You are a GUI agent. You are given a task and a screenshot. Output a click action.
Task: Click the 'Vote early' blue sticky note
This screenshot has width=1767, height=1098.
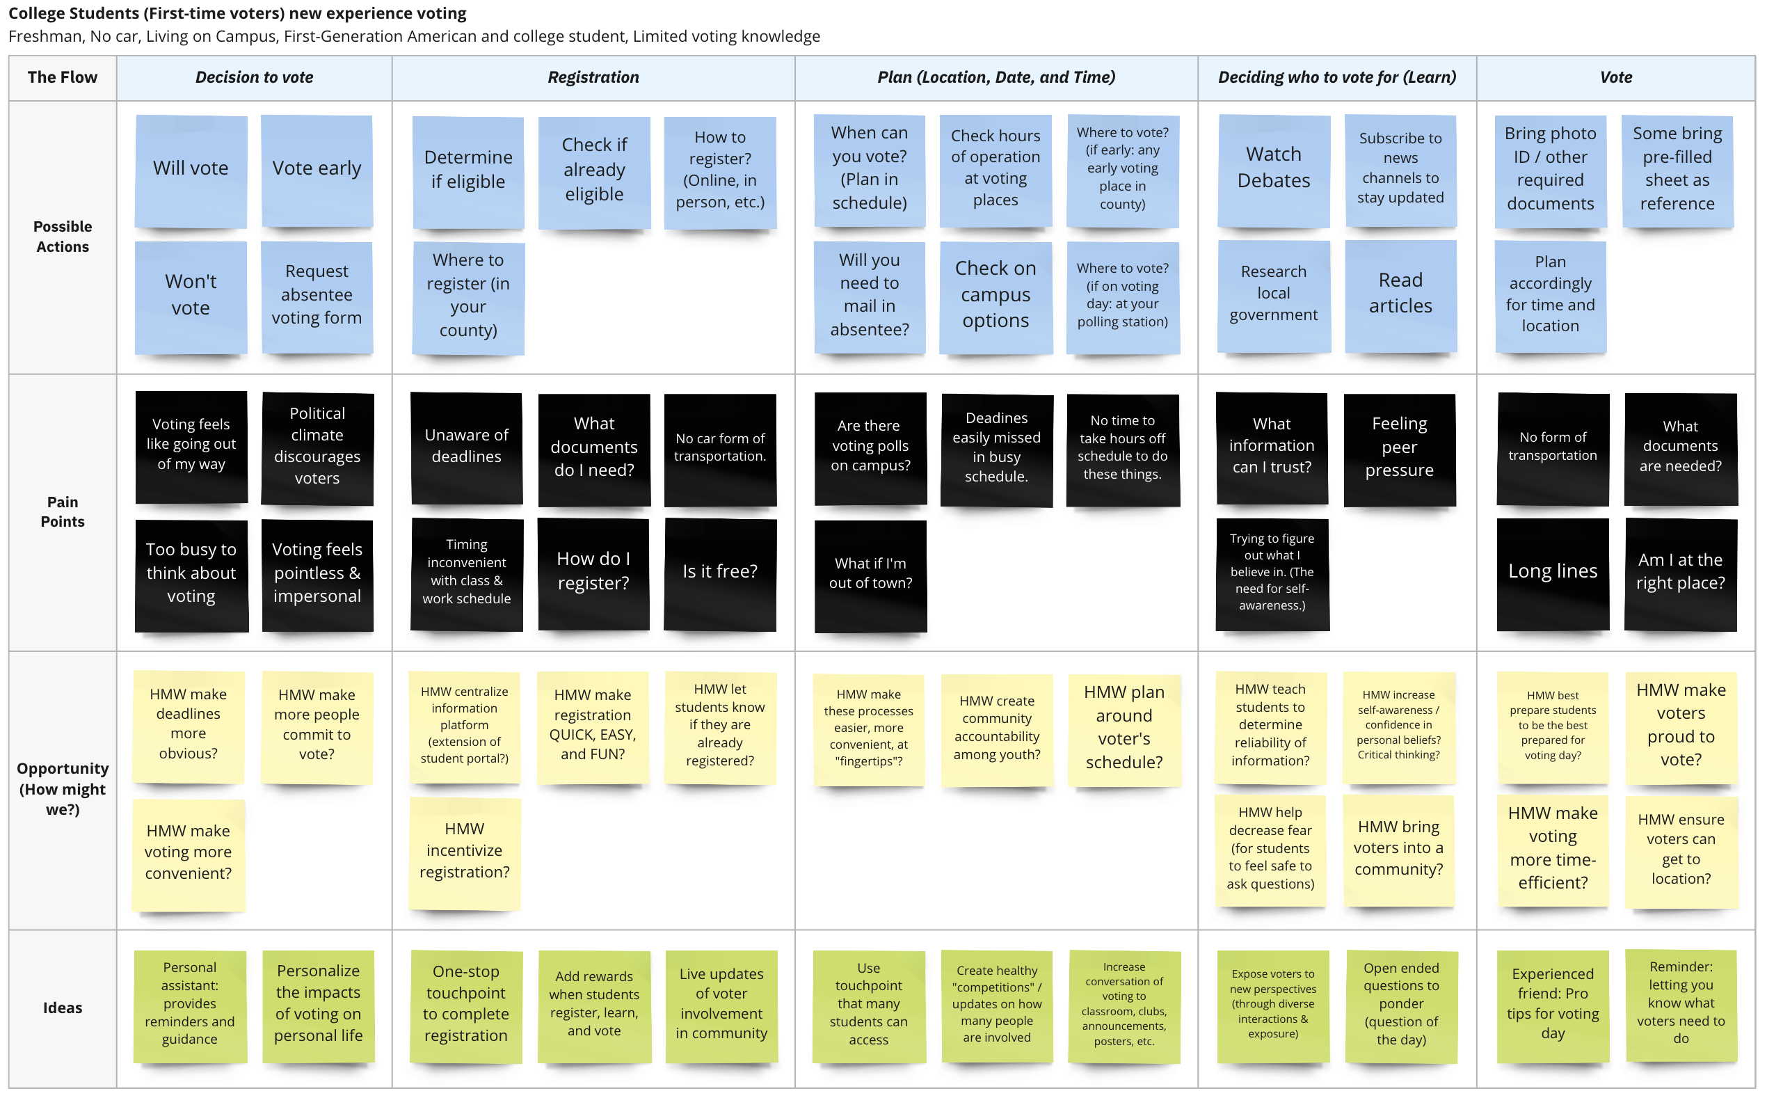[317, 170]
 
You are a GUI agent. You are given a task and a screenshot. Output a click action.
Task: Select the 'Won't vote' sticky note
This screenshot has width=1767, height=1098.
[191, 297]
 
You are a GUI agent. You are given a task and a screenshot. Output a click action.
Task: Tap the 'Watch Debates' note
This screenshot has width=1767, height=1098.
[1274, 170]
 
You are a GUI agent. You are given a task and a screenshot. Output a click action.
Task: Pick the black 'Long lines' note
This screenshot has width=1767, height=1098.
[1553, 573]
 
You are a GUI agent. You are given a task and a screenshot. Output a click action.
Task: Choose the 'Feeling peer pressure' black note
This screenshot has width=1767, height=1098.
[1400, 449]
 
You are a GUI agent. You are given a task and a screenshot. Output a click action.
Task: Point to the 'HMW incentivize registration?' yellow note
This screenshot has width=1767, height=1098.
[465, 853]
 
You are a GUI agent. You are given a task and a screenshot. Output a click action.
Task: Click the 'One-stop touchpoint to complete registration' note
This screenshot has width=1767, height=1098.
[466, 1006]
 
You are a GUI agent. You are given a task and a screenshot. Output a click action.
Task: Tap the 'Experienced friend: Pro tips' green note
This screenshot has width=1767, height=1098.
[1553, 1006]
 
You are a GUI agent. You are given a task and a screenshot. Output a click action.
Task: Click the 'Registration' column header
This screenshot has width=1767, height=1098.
[593, 78]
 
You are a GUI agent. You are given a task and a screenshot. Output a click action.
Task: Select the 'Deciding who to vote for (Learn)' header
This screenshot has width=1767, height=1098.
[1336, 78]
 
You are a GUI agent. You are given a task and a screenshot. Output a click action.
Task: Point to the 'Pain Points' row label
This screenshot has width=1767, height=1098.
[63, 512]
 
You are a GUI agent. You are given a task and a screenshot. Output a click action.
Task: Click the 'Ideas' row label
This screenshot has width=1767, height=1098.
[63, 1008]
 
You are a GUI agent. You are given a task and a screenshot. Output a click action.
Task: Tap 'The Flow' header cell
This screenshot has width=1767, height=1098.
[63, 78]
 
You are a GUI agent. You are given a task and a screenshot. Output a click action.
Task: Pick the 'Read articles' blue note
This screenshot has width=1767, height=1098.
[1400, 296]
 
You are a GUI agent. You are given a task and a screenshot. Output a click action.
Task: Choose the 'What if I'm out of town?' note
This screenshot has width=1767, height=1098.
[870, 576]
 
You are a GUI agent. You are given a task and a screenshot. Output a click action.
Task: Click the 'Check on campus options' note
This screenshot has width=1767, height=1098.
[996, 298]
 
